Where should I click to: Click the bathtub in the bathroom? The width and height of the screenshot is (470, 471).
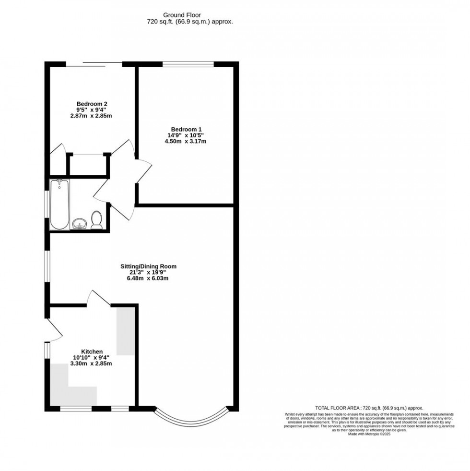pos(60,205)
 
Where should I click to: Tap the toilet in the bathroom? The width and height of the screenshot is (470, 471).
pos(96,219)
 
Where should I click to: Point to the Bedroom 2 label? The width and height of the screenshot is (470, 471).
pos(92,104)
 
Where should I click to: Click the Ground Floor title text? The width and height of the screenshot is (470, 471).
pos(190,14)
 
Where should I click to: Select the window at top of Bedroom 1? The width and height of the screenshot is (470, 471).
pos(188,64)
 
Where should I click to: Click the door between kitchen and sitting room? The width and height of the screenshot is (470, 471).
pos(98,298)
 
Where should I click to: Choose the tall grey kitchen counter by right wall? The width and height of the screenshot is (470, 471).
pos(126,331)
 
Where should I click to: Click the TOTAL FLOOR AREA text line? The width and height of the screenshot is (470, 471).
pos(369,408)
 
